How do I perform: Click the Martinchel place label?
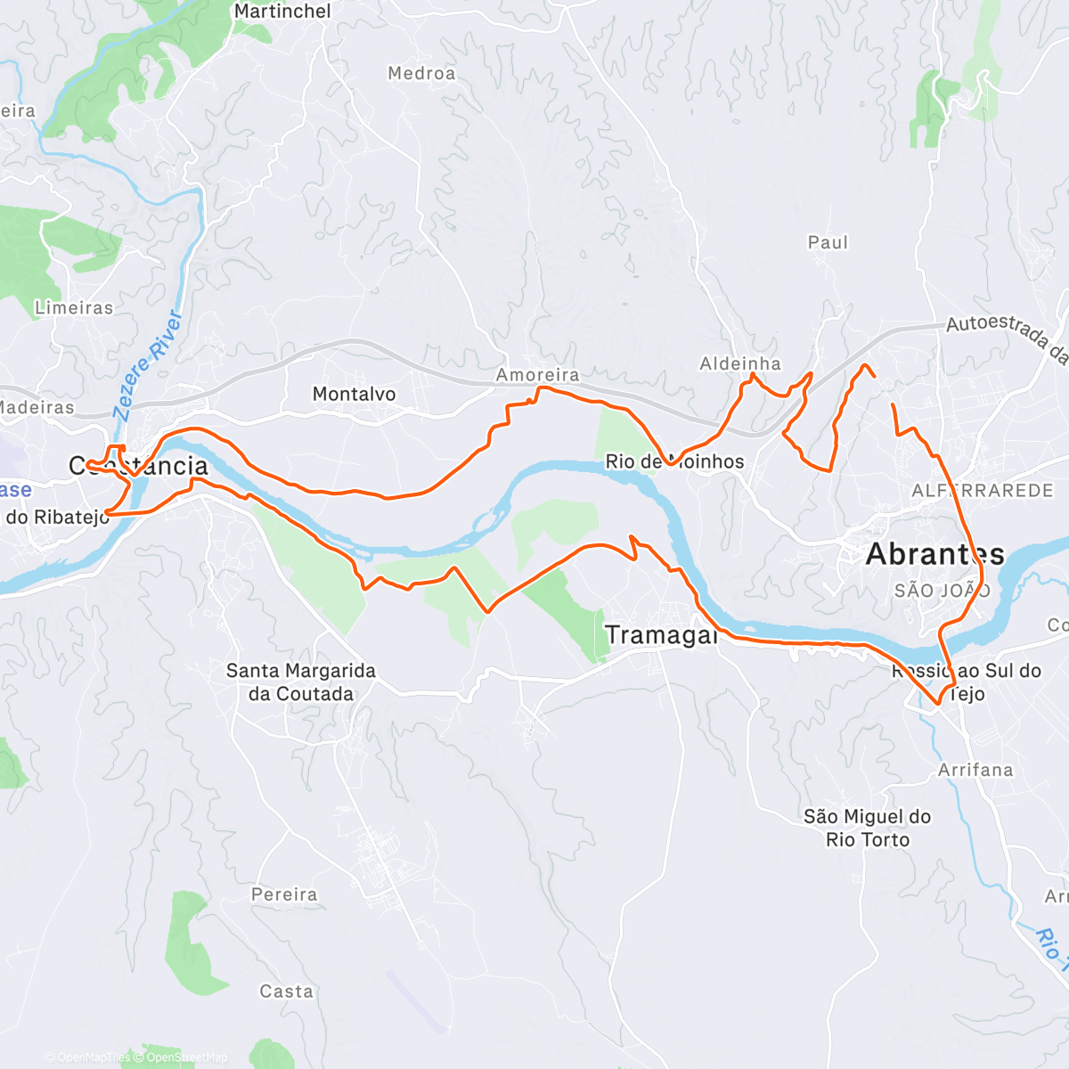click(x=282, y=12)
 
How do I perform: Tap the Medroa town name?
click(x=421, y=74)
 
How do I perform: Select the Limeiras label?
click(x=74, y=308)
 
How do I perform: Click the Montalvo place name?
click(x=354, y=394)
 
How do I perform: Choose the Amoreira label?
click(x=537, y=375)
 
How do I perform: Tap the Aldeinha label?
click(x=740, y=363)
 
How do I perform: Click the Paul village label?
click(x=828, y=242)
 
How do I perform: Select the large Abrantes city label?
click(x=934, y=554)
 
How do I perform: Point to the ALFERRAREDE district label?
click(x=982, y=491)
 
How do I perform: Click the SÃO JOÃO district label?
click(x=942, y=591)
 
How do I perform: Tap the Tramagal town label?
click(x=661, y=635)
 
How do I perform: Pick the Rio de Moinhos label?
click(x=674, y=461)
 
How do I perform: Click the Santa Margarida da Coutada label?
click(x=300, y=682)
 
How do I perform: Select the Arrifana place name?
click(x=975, y=770)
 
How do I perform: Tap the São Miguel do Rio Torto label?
click(x=867, y=828)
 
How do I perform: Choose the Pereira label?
click(x=284, y=894)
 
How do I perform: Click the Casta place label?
click(x=286, y=991)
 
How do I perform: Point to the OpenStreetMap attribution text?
click(x=186, y=1057)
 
